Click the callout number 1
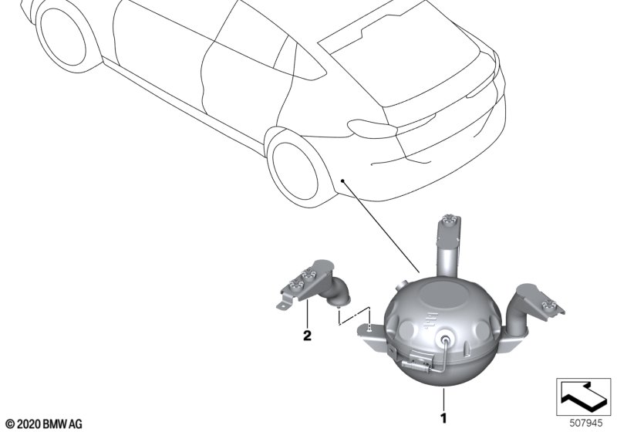click(x=443, y=418)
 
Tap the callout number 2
click(x=307, y=336)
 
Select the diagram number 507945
click(x=586, y=424)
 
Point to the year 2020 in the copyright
click(x=29, y=424)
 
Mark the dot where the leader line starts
click(x=342, y=181)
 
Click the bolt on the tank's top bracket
click(x=448, y=219)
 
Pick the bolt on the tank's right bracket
click(x=549, y=305)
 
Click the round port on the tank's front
click(x=446, y=341)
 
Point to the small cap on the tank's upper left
click(x=402, y=284)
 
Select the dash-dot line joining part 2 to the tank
click(x=354, y=316)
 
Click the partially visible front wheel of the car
click(x=63, y=36)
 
